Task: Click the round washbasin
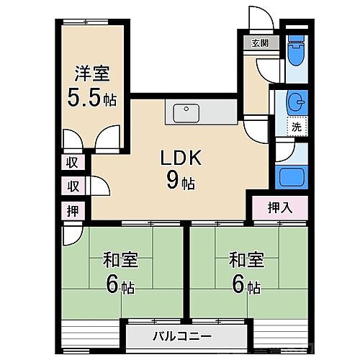click(x=294, y=102)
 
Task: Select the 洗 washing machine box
click(x=296, y=127)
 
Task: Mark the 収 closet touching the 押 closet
click(x=73, y=186)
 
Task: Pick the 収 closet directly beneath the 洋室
click(x=73, y=162)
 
